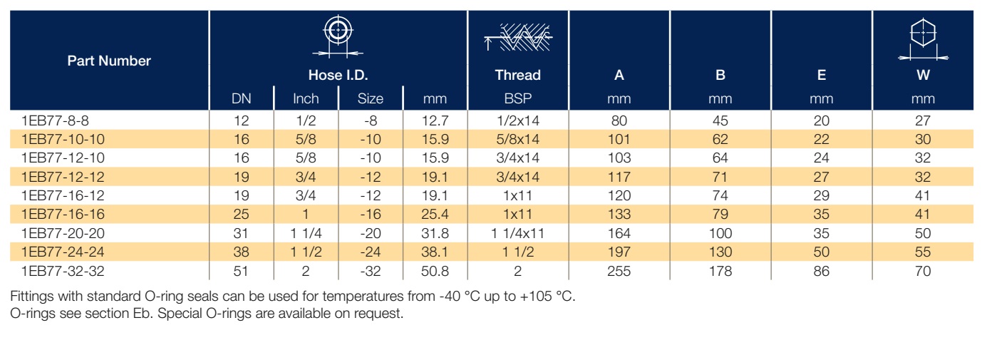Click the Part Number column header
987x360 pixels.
109,61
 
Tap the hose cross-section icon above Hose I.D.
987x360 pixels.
338,37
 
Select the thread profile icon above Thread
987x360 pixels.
518,38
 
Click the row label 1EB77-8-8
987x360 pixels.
55,120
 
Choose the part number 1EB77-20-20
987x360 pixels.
63,233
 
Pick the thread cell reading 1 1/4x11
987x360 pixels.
518,233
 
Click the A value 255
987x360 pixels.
619,271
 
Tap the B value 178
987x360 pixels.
720,271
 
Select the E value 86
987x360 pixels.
822,271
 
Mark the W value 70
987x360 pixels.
923,271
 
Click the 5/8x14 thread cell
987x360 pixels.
518,139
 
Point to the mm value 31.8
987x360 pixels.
435,233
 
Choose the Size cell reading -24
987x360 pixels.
370,252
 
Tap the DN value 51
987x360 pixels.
241,271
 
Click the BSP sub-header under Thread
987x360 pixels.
518,98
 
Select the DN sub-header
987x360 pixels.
242,98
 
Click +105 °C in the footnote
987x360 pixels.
548,296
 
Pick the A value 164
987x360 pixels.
619,233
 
